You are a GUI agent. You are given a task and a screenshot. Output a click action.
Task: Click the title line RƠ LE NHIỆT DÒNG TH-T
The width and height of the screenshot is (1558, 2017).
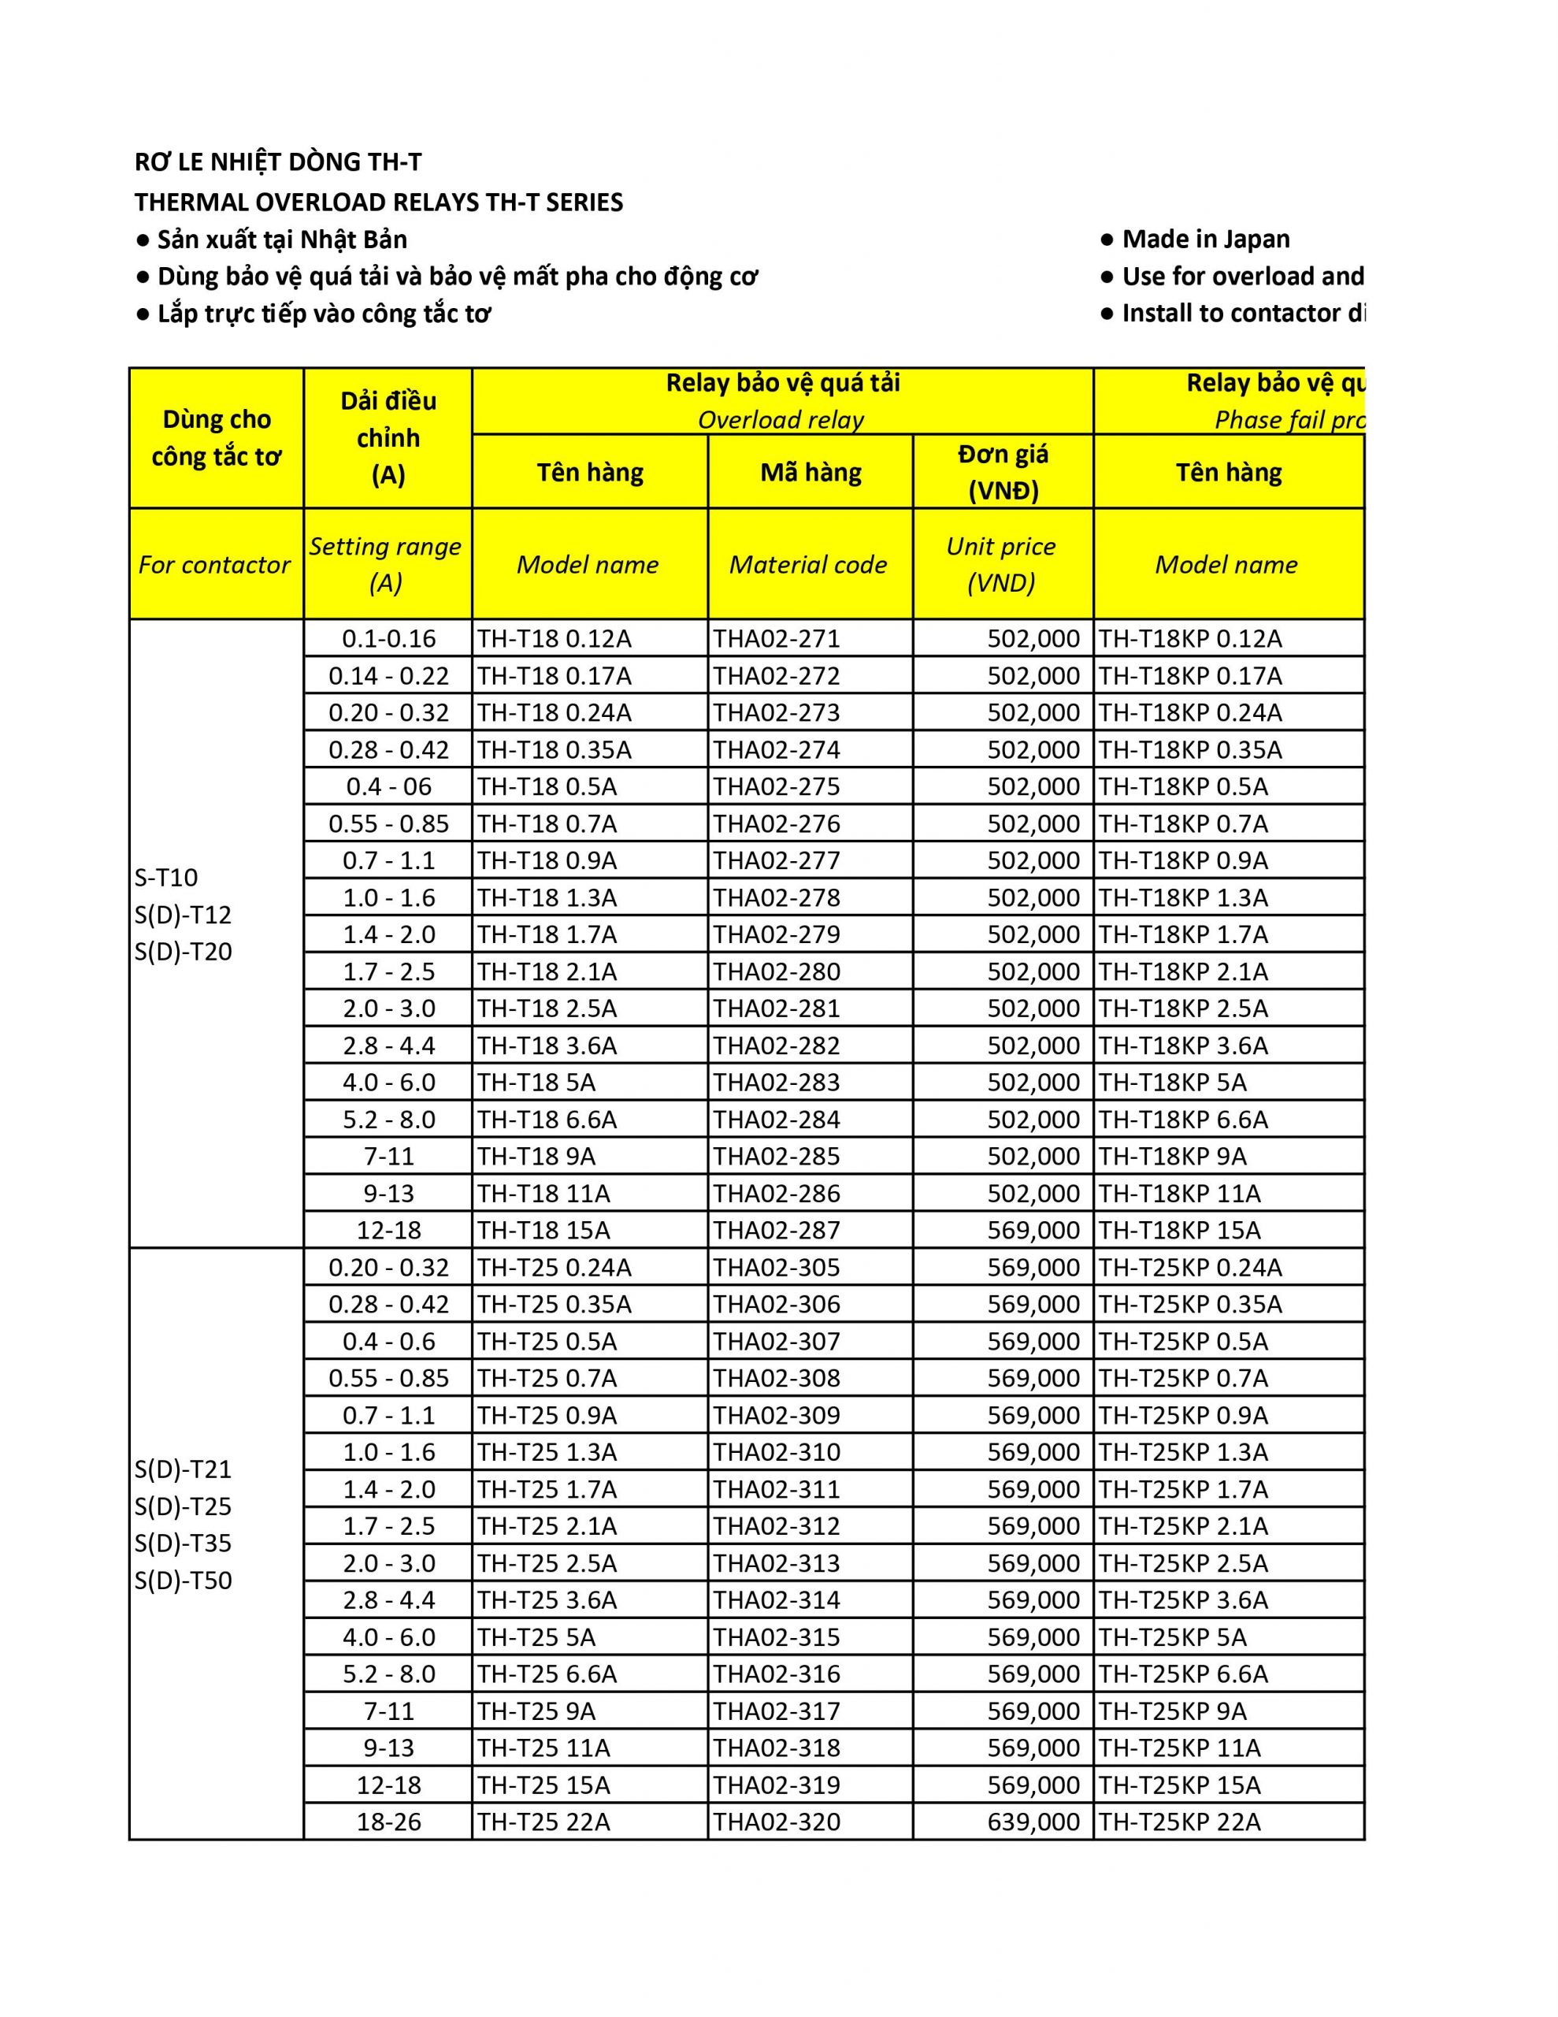coord(278,162)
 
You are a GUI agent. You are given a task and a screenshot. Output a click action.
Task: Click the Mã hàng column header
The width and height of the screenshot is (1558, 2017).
coord(810,473)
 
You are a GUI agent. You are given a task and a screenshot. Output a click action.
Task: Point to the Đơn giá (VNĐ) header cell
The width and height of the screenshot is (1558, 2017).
coord(1003,472)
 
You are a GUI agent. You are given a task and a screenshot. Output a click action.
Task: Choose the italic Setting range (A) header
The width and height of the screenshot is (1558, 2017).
coord(386,564)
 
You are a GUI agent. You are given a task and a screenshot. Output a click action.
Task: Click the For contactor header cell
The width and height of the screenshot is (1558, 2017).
coord(214,564)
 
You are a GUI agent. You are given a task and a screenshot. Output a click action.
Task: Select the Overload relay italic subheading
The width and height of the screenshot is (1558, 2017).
coord(781,420)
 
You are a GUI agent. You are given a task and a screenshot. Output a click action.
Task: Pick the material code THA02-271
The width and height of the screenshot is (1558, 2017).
coord(776,639)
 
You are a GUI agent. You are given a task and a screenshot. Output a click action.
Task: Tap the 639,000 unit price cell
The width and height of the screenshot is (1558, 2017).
coord(1033,1822)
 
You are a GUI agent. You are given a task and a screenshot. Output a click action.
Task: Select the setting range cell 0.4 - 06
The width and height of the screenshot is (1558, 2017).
coord(389,787)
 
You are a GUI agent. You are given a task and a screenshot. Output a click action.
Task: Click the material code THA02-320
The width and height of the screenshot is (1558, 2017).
coord(776,1822)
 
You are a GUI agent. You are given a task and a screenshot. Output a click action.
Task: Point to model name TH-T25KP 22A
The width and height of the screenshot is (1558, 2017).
coord(1179,1822)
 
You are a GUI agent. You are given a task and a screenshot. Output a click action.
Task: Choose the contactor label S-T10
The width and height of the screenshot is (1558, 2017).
coord(166,878)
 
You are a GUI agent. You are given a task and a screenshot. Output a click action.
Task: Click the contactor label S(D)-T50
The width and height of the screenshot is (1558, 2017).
coord(183,1581)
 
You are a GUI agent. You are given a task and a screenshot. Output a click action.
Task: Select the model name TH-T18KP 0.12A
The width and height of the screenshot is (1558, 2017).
coord(1189,639)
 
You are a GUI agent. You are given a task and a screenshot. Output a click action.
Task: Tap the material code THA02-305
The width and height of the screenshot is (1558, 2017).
coord(776,1267)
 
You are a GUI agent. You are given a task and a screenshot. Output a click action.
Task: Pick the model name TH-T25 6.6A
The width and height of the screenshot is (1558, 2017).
coord(547,1674)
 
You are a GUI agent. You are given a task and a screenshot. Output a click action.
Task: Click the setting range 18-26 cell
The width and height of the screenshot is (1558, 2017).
coord(389,1822)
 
